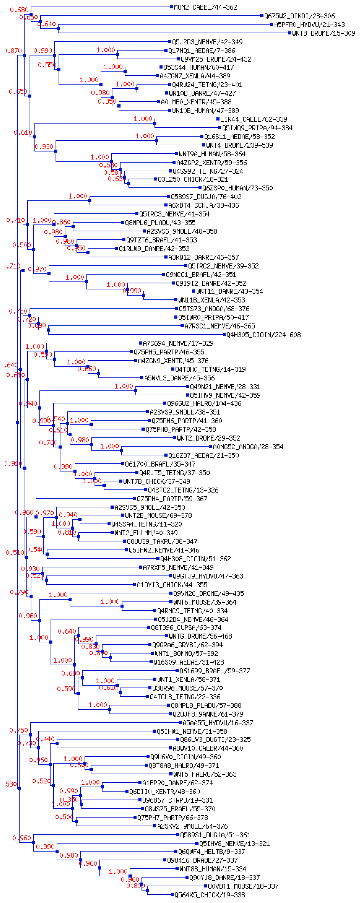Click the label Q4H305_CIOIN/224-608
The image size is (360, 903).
pos(263,335)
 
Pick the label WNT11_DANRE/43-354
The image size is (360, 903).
pos(229,291)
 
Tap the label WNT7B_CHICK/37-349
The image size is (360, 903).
pos(156,481)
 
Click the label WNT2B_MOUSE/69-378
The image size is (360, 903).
pos(158,515)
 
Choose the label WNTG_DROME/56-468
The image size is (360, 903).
pos(200,636)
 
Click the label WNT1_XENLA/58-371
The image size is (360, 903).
pos(189,679)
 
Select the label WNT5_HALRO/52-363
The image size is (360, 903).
pos(205,774)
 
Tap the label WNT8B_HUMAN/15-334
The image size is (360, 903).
pos(212,869)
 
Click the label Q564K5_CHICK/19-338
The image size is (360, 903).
pos(210,895)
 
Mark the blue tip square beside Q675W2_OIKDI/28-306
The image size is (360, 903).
pos(262,16)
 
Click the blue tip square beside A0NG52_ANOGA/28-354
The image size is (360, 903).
pos(210,447)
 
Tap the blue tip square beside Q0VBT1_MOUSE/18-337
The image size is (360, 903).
pos(206,886)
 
